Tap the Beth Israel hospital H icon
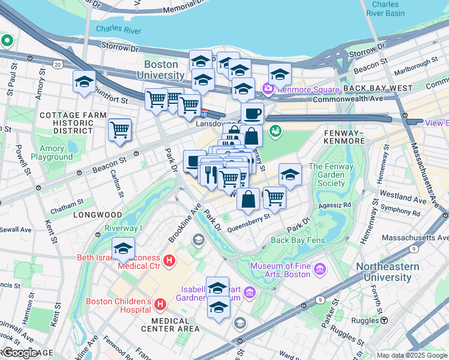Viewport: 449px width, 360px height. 169,261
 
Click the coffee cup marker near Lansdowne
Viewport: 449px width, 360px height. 252,113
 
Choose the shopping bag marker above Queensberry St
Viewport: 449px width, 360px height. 247,199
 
